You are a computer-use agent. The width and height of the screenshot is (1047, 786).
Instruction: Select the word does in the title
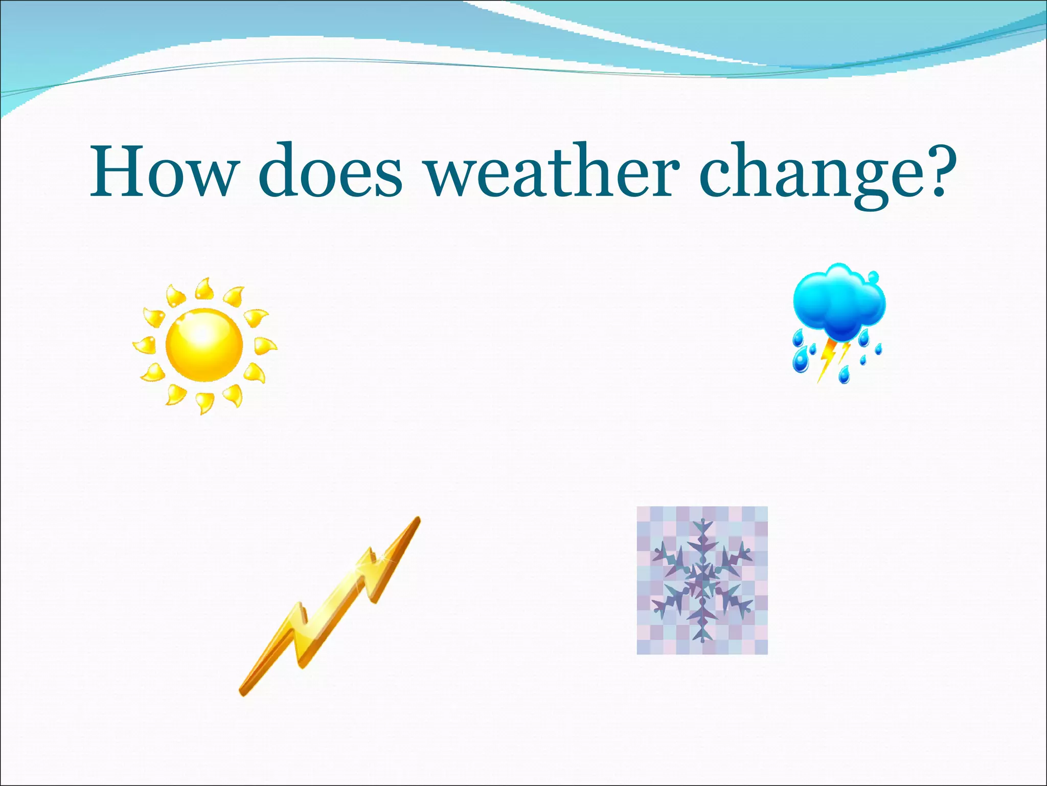coord(330,171)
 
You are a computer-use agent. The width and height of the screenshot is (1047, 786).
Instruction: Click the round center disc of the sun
coord(204,344)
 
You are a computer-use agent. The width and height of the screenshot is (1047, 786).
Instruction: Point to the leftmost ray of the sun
coord(145,345)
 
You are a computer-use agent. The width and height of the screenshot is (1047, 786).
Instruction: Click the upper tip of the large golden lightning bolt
coord(417,520)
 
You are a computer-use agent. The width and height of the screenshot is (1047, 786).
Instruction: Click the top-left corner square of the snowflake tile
coord(643,513)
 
